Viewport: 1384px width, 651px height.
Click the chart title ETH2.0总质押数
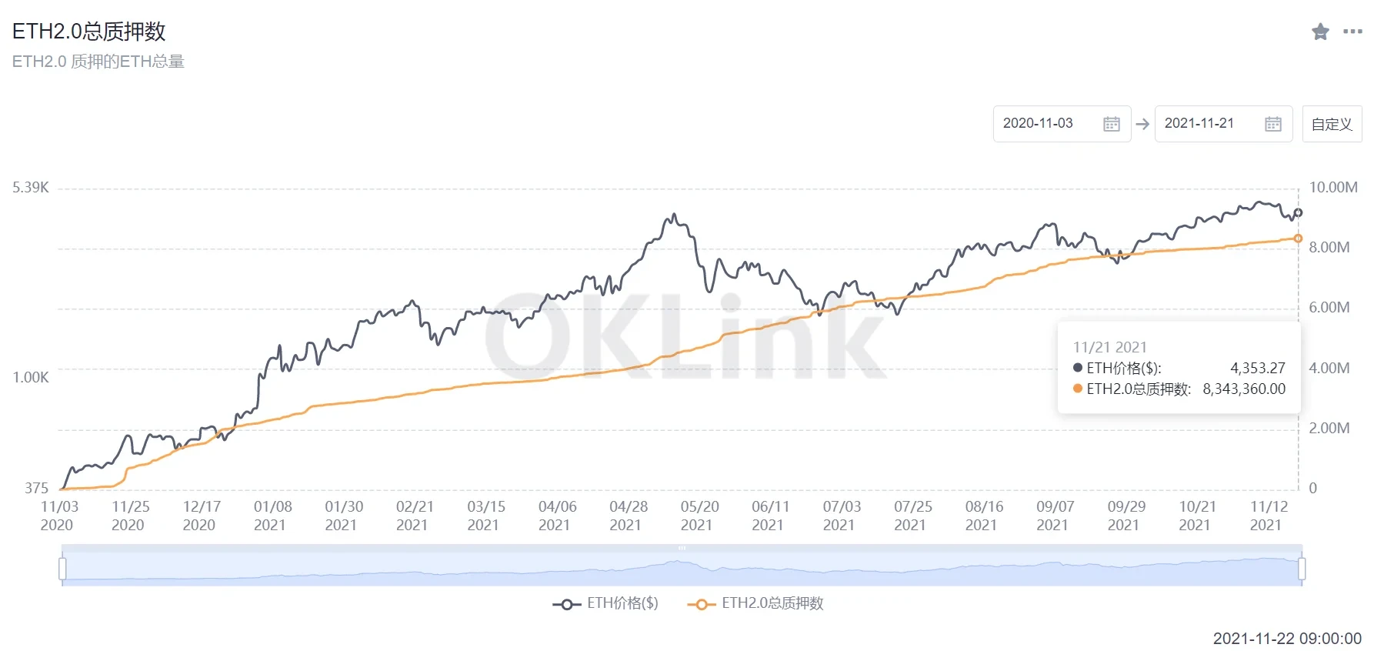pyautogui.click(x=89, y=32)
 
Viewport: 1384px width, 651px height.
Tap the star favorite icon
pyautogui.click(x=1320, y=32)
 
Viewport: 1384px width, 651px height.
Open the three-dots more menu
pyautogui.click(x=1352, y=32)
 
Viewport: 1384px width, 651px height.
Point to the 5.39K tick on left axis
pyautogui.click(x=31, y=188)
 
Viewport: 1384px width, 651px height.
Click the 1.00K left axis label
pyautogui.click(x=31, y=377)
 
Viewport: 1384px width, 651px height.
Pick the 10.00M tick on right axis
pyautogui.click(x=1333, y=188)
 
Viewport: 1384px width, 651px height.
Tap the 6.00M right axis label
pyautogui.click(x=1329, y=308)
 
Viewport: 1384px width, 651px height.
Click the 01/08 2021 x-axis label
pyautogui.click(x=272, y=516)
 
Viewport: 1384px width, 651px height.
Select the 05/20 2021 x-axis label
pyautogui.click(x=699, y=516)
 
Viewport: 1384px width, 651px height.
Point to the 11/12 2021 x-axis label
pyautogui.click(x=1269, y=516)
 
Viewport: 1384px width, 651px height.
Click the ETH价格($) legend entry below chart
pyautogui.click(x=606, y=604)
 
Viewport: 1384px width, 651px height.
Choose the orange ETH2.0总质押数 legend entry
pyautogui.click(x=756, y=604)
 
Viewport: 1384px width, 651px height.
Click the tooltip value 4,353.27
pyautogui.click(x=1257, y=369)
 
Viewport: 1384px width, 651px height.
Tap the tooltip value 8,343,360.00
pyautogui.click(x=1244, y=389)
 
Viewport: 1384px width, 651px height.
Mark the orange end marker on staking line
pyautogui.click(x=1298, y=239)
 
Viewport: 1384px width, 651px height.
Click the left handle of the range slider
pyautogui.click(x=62, y=569)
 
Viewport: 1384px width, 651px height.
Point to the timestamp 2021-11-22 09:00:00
pyautogui.click(x=1287, y=639)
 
